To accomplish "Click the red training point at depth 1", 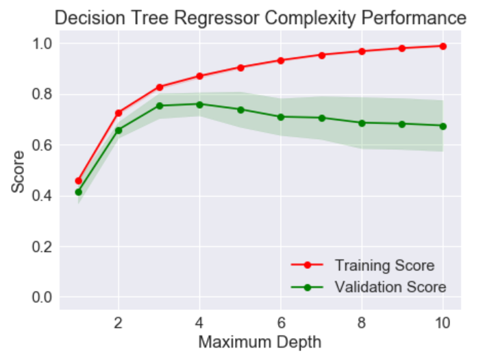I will click(78, 181).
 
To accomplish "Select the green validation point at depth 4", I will click(199, 104).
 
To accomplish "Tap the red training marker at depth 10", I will click(443, 46).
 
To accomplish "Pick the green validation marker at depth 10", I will click(443, 126).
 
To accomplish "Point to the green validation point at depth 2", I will click(119, 130).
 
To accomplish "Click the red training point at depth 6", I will click(280, 60).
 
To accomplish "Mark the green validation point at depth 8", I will click(362, 123).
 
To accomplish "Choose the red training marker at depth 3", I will click(159, 87).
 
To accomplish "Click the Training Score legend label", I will click(384, 264).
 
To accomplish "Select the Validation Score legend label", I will click(391, 287).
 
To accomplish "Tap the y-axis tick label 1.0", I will click(42, 44).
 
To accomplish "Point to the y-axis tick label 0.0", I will click(42, 298).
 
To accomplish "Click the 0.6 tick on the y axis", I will click(42, 145).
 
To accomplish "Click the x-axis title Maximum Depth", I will click(260, 340).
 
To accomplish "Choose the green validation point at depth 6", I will click(280, 117).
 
